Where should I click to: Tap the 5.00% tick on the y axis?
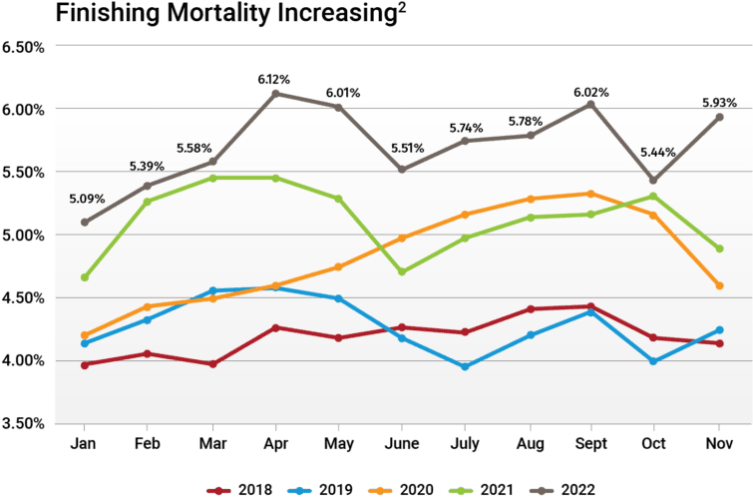click(x=25, y=236)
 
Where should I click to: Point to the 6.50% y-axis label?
click(x=25, y=47)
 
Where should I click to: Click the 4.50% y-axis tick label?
click(x=25, y=298)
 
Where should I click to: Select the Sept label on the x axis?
click(x=589, y=442)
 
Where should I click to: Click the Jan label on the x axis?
click(x=85, y=442)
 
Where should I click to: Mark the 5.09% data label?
click(x=86, y=198)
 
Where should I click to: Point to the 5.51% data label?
click(x=406, y=148)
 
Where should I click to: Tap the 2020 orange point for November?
click(x=718, y=285)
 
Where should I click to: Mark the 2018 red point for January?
click(x=86, y=364)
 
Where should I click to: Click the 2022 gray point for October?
click(x=653, y=181)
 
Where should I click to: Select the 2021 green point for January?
click(x=86, y=277)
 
